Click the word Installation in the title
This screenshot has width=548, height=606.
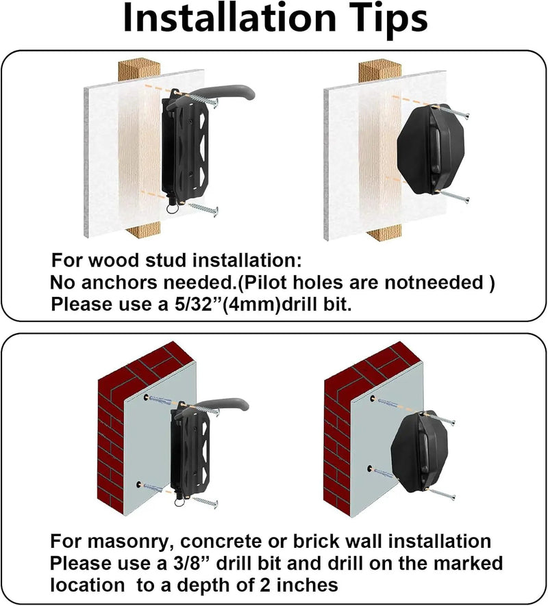pyautogui.click(x=230, y=18)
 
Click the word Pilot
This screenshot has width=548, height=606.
pyautogui.click(x=266, y=282)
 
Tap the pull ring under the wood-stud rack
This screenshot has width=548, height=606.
pyautogui.click(x=172, y=208)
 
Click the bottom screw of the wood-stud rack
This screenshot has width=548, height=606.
pyautogui.click(x=203, y=209)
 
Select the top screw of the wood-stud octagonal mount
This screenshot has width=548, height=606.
pyautogui.click(x=454, y=111)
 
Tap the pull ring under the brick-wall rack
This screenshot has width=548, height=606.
pyautogui.click(x=179, y=502)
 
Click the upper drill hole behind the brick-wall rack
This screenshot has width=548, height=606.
pyautogui.click(x=146, y=397)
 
